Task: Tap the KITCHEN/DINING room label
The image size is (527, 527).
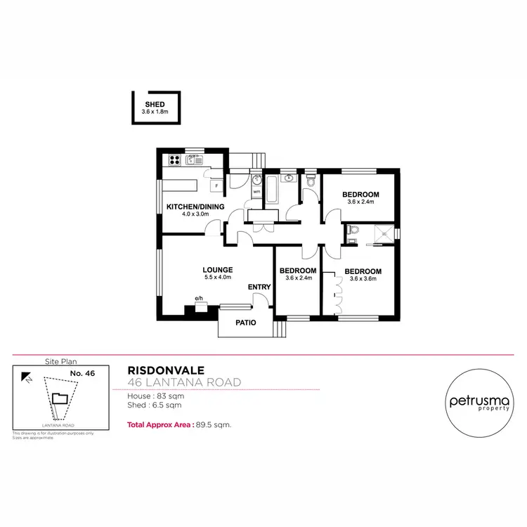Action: point(195,206)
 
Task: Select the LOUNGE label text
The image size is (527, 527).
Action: point(217,270)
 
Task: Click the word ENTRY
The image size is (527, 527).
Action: point(259,287)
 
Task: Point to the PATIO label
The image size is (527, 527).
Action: point(245,323)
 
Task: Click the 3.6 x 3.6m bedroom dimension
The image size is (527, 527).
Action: point(363,279)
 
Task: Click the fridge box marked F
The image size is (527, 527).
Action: point(216,186)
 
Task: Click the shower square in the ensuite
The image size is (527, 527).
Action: point(382,234)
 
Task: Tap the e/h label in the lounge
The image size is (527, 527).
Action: point(199,298)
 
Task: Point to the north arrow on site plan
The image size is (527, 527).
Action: point(26,377)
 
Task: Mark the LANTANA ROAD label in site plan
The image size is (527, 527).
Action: point(58,425)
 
